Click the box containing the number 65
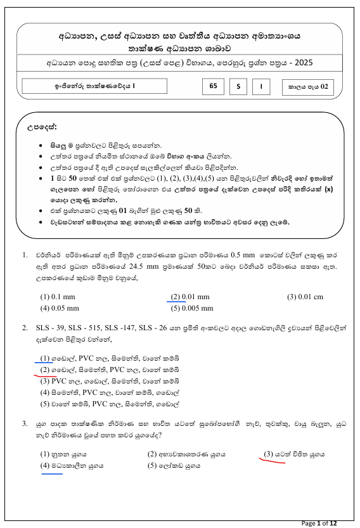212,86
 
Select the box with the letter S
238,86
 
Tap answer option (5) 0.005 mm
193,308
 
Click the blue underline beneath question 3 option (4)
51,472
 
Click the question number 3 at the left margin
24,423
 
